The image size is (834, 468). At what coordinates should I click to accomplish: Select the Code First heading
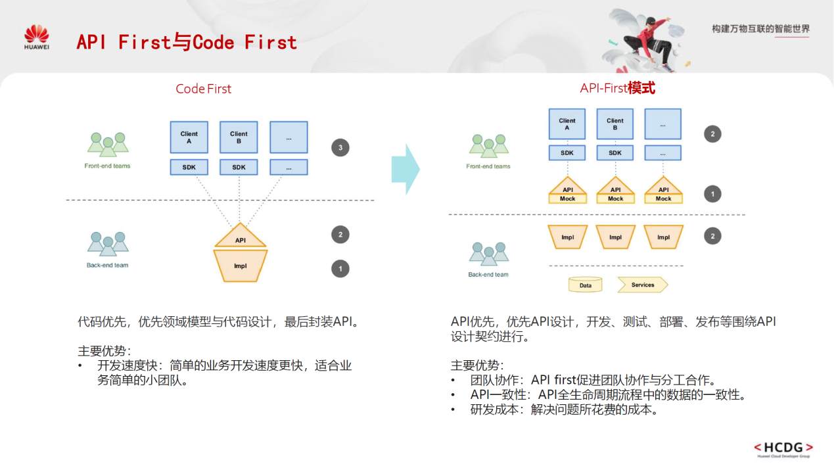coord(203,89)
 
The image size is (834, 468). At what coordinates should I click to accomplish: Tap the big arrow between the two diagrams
coord(404,170)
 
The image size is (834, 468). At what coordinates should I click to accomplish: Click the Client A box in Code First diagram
coord(189,137)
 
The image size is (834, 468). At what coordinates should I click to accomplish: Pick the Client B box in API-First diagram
coord(615,124)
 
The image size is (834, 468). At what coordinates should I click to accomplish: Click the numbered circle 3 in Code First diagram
coord(340,148)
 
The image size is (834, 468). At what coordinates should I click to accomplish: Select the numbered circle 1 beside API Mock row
coord(712,194)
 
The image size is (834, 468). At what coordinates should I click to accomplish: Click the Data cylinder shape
coord(586,285)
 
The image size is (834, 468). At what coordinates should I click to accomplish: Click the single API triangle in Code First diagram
coord(241,237)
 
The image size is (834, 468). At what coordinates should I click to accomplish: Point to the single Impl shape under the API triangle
coord(241,266)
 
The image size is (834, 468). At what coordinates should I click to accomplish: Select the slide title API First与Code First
coord(187,43)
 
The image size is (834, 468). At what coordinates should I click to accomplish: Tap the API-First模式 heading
coord(617,88)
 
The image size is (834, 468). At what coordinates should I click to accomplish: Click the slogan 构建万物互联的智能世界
coord(760,29)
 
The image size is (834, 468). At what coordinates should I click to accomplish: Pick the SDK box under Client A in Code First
coord(189,168)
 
